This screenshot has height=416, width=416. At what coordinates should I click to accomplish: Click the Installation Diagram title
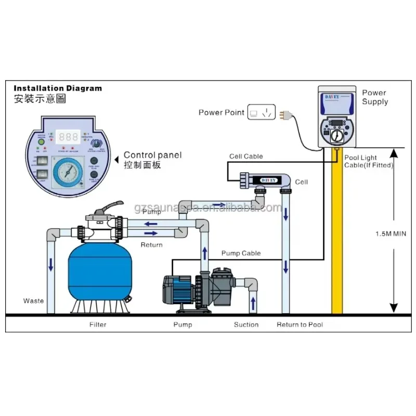click(57, 88)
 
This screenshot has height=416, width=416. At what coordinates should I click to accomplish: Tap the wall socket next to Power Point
click(261, 112)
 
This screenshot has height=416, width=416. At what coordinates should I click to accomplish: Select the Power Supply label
click(375, 97)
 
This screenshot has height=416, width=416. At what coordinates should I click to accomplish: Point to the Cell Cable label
click(246, 157)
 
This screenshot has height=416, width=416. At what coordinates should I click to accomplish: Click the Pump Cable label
click(241, 253)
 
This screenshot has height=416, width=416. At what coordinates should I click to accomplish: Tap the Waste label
click(34, 301)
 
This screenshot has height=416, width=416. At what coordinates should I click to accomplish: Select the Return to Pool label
click(300, 324)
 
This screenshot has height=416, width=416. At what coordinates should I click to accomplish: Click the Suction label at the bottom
click(246, 324)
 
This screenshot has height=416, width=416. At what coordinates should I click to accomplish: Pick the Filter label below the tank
click(97, 324)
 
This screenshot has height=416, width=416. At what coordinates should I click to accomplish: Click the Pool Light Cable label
click(368, 161)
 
